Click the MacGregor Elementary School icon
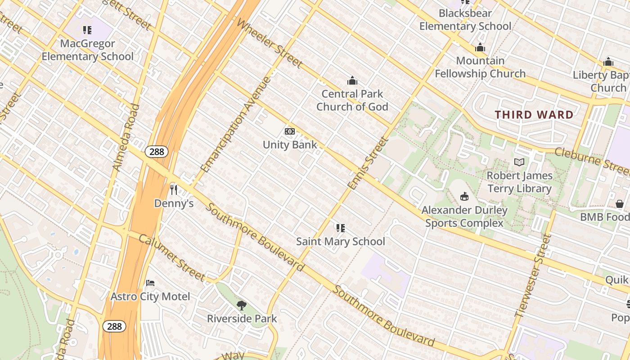(87, 30)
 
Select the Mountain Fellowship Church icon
(480, 48)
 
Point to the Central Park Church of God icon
(352, 81)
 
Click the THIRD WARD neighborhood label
(534, 115)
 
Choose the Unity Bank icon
(290, 131)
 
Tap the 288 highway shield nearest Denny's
(157, 152)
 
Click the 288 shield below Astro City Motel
(114, 326)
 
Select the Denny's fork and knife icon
(174, 190)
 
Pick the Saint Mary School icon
(341, 228)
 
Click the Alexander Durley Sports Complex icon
(464, 197)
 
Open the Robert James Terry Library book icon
(519, 162)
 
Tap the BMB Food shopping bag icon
(620, 204)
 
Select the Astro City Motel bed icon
(150, 283)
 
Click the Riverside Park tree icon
(242, 306)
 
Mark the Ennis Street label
(368, 163)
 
